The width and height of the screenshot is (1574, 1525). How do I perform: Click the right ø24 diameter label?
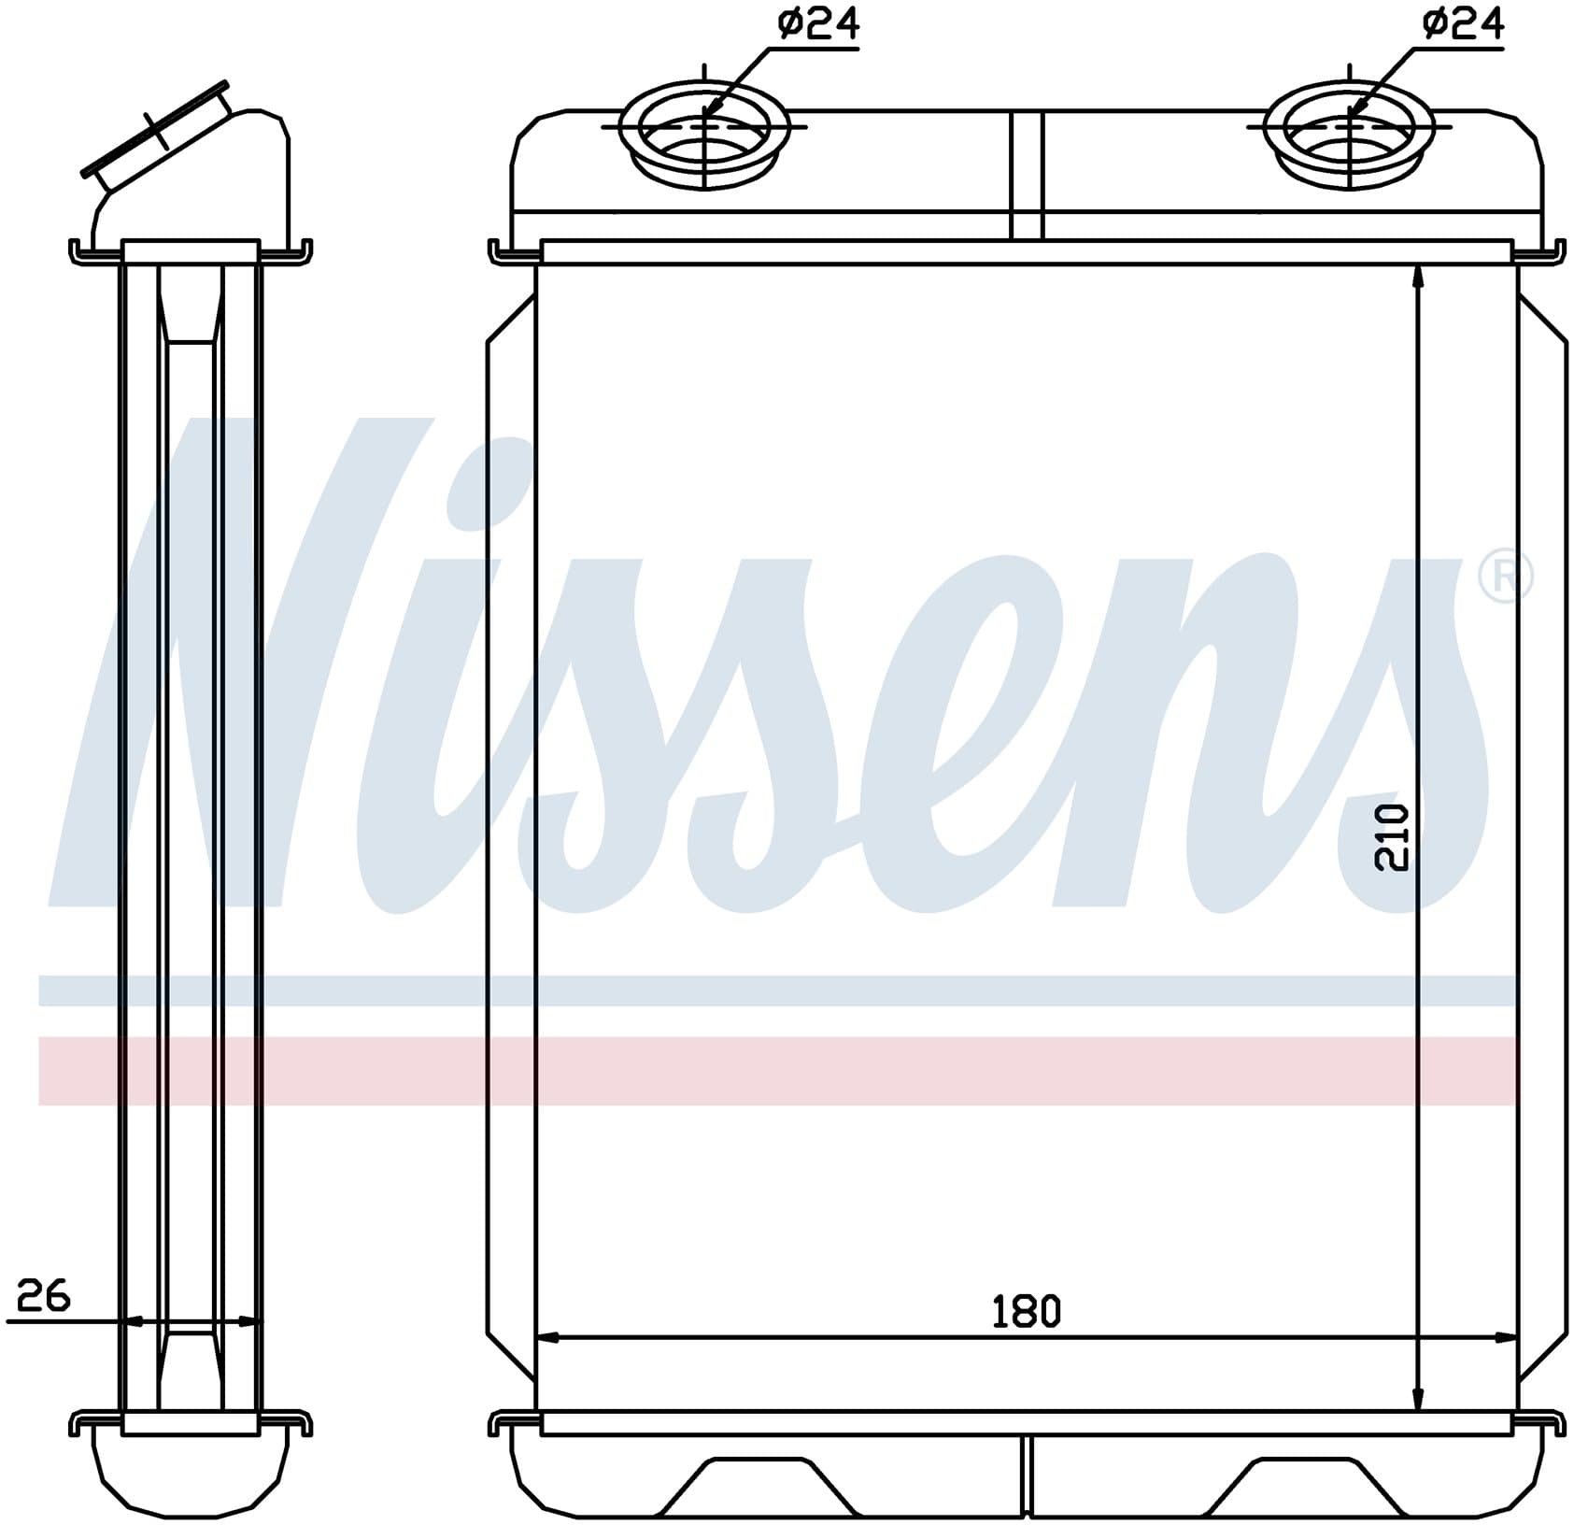(1463, 25)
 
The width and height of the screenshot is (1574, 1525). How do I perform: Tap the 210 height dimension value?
(1391, 838)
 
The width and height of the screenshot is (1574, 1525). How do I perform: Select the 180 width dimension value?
(1026, 1312)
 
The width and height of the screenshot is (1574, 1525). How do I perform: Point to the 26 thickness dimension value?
(44, 1296)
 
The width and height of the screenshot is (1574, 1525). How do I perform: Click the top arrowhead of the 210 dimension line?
(1418, 278)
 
